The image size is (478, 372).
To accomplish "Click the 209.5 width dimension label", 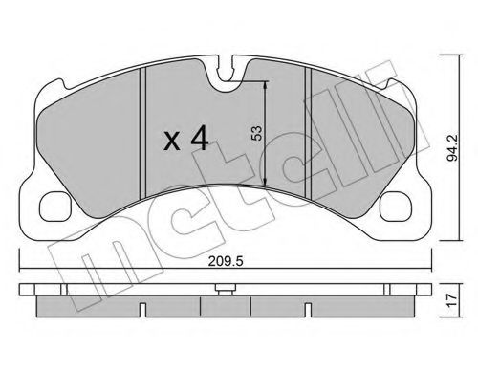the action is (x=226, y=262).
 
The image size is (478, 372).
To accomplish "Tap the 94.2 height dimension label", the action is (x=452, y=147).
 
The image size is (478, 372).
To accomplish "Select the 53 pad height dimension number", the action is (x=256, y=133).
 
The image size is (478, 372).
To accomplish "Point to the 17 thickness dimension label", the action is (x=452, y=300).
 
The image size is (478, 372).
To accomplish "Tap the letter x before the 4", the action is (x=172, y=142).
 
